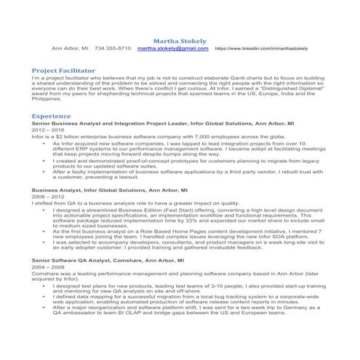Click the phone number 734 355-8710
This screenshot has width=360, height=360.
113,49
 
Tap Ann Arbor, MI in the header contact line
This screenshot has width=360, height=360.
70,49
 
